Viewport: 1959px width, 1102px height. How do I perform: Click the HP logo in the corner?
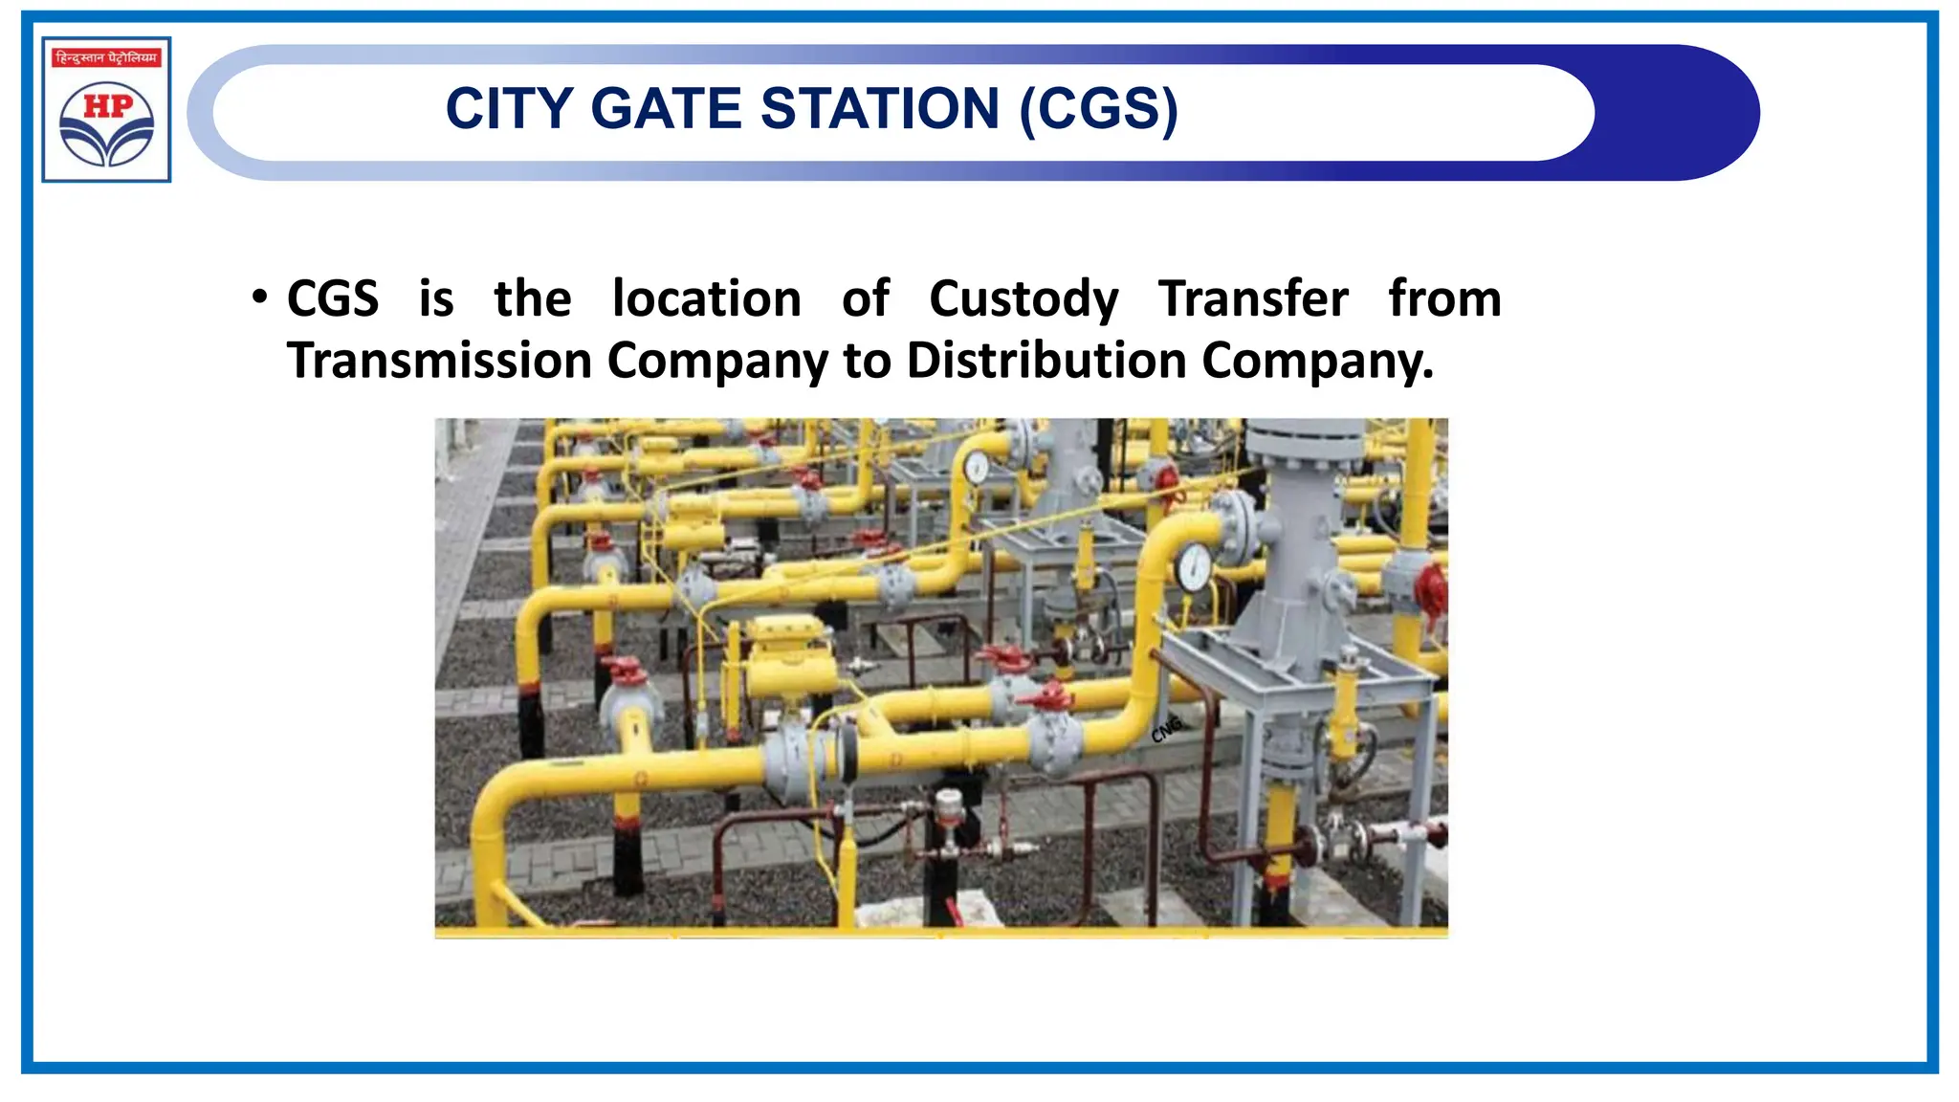(x=106, y=121)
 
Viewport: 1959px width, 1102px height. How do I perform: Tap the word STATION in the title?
(x=880, y=109)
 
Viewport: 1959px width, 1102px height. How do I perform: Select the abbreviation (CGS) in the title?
(x=1099, y=109)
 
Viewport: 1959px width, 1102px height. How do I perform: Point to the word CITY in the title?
(x=509, y=109)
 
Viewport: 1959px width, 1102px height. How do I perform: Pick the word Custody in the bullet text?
(x=1024, y=299)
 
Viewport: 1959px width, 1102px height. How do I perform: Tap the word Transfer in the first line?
(x=1253, y=298)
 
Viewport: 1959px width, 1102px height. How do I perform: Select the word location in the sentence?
(x=706, y=298)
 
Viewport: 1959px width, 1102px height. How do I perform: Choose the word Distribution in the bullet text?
(x=1046, y=361)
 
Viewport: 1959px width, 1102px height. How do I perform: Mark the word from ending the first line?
(x=1444, y=298)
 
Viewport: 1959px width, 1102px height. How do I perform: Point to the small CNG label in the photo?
(x=1166, y=729)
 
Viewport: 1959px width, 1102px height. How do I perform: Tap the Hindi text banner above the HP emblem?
(x=106, y=58)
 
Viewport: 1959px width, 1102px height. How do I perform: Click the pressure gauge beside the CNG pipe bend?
(x=1194, y=567)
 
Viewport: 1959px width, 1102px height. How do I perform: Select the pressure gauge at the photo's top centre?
(x=976, y=468)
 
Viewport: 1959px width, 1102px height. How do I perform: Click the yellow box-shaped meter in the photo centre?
(x=787, y=659)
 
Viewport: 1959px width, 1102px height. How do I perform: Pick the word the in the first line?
(x=532, y=298)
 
